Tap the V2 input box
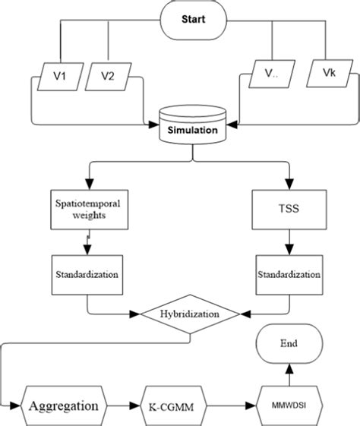(107, 77)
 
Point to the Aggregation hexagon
(64, 405)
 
